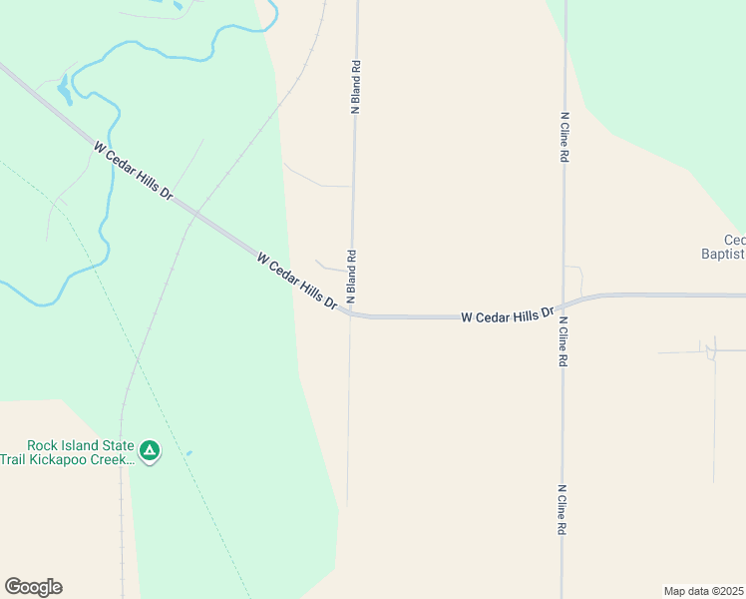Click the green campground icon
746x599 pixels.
(150, 452)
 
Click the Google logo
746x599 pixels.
(33, 587)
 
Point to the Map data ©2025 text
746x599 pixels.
(703, 591)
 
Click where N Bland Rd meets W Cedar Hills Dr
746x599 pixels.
(350, 313)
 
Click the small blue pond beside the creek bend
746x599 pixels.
(65, 93)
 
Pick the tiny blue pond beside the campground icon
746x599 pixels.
(188, 453)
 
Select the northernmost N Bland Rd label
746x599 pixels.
(354, 87)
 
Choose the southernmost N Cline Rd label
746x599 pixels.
(562, 511)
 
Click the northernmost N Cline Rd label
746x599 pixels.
(563, 137)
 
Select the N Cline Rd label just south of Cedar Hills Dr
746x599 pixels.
(563, 341)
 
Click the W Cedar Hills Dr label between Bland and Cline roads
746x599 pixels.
(507, 314)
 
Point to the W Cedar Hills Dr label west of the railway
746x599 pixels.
(133, 172)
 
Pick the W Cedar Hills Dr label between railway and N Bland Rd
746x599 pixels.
(296, 280)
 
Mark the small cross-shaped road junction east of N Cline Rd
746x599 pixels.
(710, 351)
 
